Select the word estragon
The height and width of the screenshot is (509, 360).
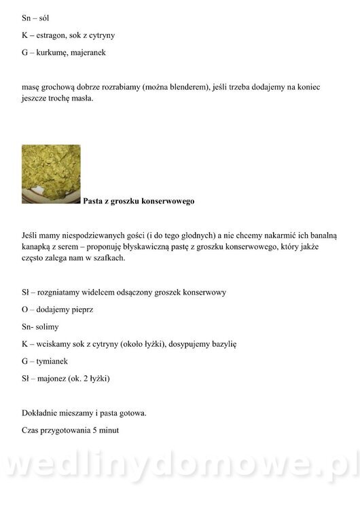point(54,35)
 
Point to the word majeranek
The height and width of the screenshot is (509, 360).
point(89,52)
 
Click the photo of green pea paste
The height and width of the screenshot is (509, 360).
point(51,174)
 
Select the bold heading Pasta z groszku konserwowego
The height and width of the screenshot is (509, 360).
point(139,201)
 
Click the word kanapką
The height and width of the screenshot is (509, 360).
point(38,246)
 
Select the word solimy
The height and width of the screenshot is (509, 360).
point(46,326)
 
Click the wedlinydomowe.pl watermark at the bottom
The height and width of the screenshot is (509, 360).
point(180,468)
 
